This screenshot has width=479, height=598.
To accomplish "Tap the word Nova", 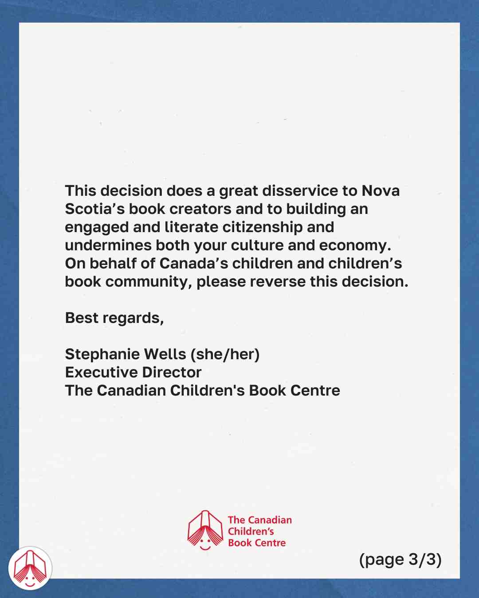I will click(381, 191).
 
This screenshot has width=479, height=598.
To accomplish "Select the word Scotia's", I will click(94, 209).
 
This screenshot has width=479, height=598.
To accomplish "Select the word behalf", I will click(113, 264).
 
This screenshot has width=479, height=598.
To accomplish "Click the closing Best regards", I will click(114, 318).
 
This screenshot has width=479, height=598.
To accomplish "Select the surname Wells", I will click(165, 354).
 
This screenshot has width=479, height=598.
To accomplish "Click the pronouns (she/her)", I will click(225, 354).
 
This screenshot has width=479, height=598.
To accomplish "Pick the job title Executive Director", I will click(133, 373).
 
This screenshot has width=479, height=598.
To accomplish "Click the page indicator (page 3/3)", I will click(400, 559).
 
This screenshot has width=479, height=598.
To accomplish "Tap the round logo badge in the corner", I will click(30, 568).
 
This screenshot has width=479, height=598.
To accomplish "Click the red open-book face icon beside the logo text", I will click(205, 530).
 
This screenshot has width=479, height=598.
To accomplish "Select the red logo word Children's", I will click(251, 532).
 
